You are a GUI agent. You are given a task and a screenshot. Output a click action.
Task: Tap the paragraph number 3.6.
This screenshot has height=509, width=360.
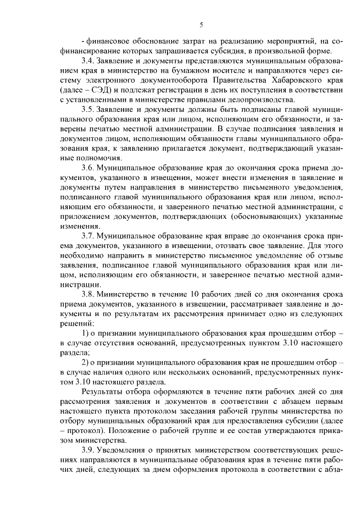click(88, 168)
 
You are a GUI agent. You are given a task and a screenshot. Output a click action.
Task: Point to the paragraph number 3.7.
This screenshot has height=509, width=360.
click(88, 236)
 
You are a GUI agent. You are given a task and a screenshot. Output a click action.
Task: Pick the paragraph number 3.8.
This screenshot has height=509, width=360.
click(88, 295)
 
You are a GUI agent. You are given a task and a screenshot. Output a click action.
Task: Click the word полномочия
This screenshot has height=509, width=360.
click(79, 158)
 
